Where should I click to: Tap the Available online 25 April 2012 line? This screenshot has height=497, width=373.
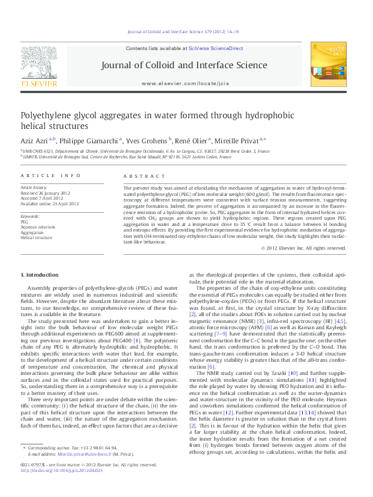point(50,203)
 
